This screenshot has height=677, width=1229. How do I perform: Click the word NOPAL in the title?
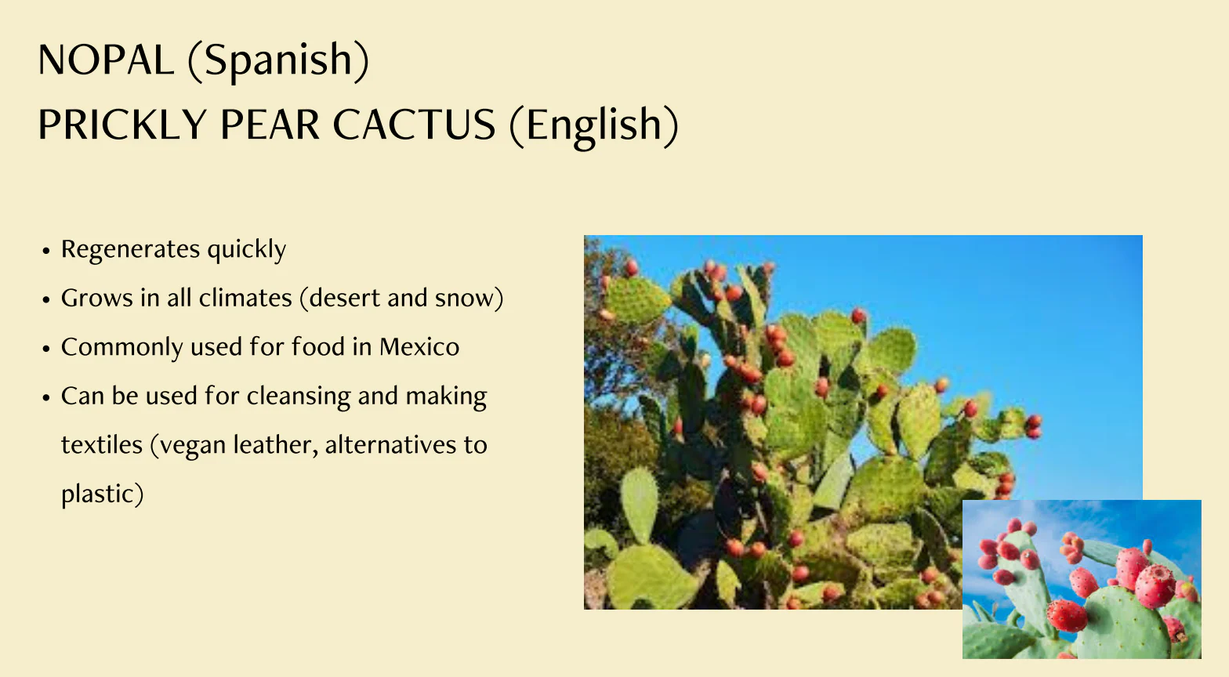pyautogui.click(x=106, y=60)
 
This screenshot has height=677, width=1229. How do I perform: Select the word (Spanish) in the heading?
pyautogui.click(x=279, y=60)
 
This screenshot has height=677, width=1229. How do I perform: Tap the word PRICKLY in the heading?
pyautogui.click(x=122, y=125)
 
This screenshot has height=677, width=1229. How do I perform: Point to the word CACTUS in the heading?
pyautogui.click(x=414, y=125)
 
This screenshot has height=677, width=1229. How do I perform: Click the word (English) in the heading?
pyautogui.click(x=594, y=126)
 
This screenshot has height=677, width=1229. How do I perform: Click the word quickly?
pyautogui.click(x=247, y=250)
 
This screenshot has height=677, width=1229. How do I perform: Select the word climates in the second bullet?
pyautogui.click(x=245, y=298)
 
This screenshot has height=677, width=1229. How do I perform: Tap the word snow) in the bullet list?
pyautogui.click(x=469, y=299)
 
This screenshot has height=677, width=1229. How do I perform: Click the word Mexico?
pyautogui.click(x=419, y=347)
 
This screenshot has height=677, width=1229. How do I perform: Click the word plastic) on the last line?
pyautogui.click(x=103, y=494)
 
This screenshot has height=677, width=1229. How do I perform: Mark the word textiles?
pyautogui.click(x=102, y=445)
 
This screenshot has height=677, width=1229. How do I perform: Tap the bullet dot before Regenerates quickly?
pyautogui.click(x=46, y=252)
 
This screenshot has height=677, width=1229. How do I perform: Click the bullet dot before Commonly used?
pyautogui.click(x=46, y=349)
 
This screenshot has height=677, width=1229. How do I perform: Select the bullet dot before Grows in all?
pyautogui.click(x=46, y=300)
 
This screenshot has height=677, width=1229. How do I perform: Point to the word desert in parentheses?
pyautogui.click(x=339, y=298)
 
